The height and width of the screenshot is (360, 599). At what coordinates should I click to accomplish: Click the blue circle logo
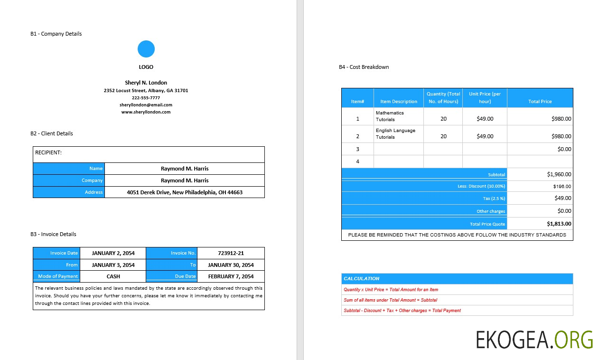pyautogui.click(x=146, y=49)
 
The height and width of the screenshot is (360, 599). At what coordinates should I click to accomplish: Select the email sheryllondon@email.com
pyautogui.click(x=146, y=105)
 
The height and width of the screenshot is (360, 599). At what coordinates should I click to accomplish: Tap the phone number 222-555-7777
pyautogui.click(x=146, y=98)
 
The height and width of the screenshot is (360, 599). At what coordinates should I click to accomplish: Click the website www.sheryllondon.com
pyautogui.click(x=146, y=112)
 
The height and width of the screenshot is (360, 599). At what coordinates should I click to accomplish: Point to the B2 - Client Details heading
pyautogui.click(x=52, y=133)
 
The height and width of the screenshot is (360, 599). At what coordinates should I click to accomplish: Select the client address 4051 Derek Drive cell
pyautogui.click(x=185, y=192)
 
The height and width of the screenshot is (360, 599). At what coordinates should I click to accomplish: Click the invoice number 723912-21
pyautogui.click(x=231, y=253)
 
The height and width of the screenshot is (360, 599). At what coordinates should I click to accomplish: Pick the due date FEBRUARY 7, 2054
pyautogui.click(x=231, y=276)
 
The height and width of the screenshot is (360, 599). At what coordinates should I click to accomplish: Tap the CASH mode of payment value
pyautogui.click(x=113, y=276)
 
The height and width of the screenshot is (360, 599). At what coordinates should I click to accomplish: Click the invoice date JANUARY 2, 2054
pyautogui.click(x=113, y=253)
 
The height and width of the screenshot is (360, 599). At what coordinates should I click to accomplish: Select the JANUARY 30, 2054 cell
pyautogui.click(x=231, y=265)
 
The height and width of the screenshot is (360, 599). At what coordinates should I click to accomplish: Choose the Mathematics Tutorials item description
pyautogui.click(x=390, y=116)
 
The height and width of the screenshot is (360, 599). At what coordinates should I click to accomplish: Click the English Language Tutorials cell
pyautogui.click(x=395, y=134)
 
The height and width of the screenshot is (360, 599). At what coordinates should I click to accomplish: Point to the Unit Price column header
pyautogui.click(x=485, y=97)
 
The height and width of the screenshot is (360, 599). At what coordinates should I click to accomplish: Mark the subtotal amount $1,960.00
pyautogui.click(x=559, y=174)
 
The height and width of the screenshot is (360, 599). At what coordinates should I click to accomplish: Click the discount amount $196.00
pyautogui.click(x=562, y=187)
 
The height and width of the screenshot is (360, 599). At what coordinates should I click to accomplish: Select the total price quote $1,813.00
pyautogui.click(x=559, y=224)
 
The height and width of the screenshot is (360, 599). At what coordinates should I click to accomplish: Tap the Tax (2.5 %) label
pyautogui.click(x=494, y=199)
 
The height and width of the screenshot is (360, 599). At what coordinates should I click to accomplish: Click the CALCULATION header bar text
pyautogui.click(x=361, y=279)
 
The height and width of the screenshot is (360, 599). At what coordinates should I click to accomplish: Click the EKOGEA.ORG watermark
pyautogui.click(x=534, y=340)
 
